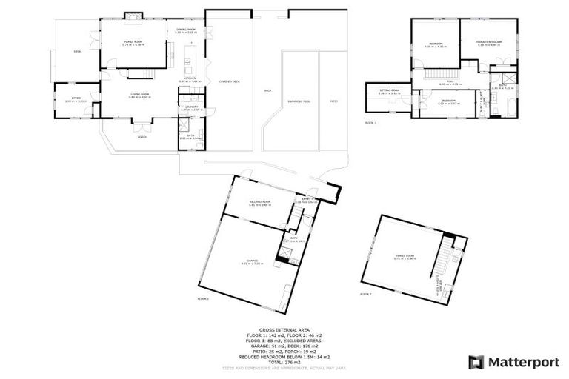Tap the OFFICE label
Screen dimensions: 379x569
pyautogui.click(x=76, y=98)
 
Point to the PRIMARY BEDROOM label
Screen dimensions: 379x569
pyautogui.click(x=490, y=43)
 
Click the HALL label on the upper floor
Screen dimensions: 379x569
pyautogui.click(x=450, y=82)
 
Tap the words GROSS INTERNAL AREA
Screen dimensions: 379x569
pyautogui.click(x=284, y=329)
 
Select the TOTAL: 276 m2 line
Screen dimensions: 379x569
pyautogui.click(x=284, y=362)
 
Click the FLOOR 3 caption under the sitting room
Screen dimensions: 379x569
pyautogui.click(x=370, y=123)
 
